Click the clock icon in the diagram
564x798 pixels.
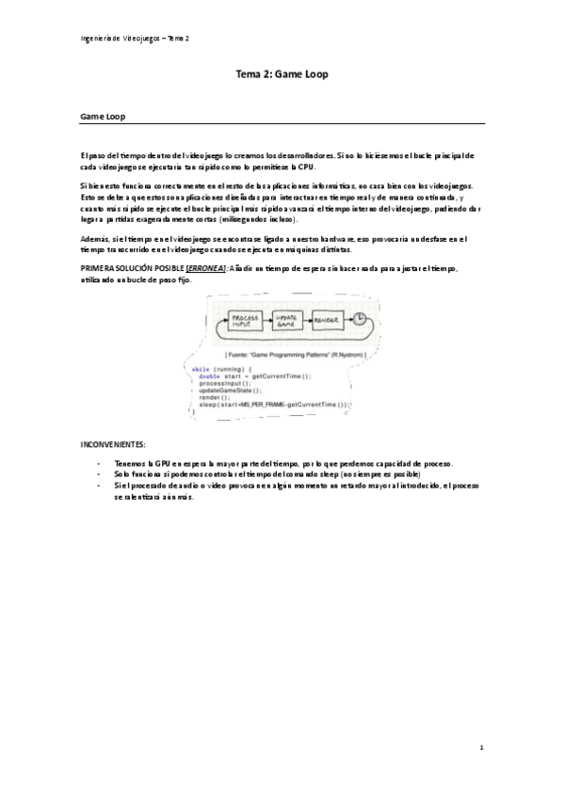click(x=359, y=320)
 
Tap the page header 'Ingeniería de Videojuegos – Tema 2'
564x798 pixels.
click(x=136, y=38)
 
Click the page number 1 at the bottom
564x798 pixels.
click(x=480, y=748)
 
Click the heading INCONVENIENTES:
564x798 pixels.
click(x=114, y=442)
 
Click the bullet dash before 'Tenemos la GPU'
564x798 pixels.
click(x=99, y=464)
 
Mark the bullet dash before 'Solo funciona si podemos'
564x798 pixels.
click(x=99, y=475)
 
